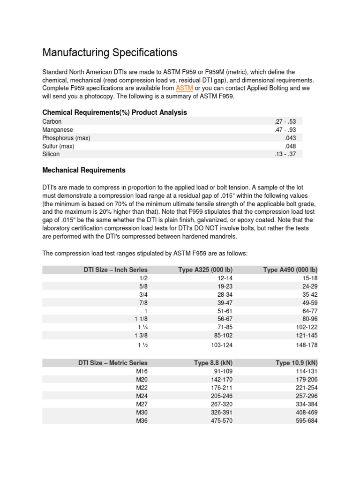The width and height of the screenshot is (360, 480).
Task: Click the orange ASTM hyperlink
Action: (184, 88)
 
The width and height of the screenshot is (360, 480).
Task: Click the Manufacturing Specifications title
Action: (110, 52)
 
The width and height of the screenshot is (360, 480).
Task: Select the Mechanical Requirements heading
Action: (84, 170)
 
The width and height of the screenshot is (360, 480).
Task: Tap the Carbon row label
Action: (52, 121)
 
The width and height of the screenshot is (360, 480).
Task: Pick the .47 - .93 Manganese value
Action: (285, 130)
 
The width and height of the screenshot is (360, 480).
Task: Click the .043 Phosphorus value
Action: (290, 138)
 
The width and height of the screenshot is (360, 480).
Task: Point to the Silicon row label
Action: (51, 154)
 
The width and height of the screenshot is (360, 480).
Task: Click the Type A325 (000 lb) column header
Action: (205, 270)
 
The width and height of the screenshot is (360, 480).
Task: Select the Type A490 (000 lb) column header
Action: (290, 270)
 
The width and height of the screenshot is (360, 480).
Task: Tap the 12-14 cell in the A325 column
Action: (223, 278)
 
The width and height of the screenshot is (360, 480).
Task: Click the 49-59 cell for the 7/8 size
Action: (310, 303)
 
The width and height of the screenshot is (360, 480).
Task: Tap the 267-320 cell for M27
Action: (222, 404)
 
